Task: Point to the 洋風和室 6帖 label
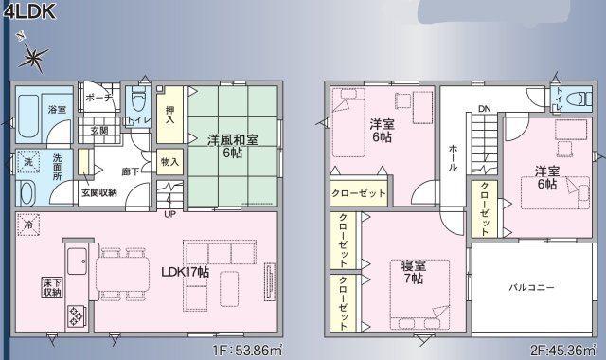coord(233,146)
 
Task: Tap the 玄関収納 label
coord(99,192)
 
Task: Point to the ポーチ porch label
coord(99,98)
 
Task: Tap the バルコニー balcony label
coord(531,287)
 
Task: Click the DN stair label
coord(484,108)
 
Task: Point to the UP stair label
coord(169,213)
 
